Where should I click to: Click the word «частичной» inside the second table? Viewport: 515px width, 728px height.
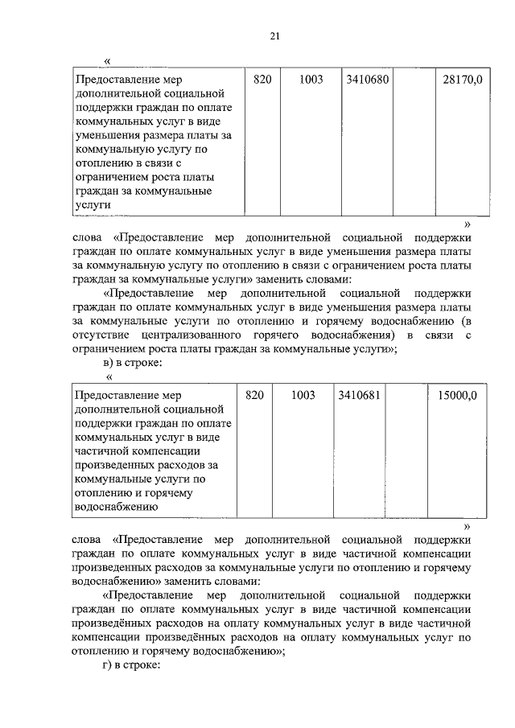101,452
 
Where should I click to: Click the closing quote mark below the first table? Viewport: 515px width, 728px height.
468,224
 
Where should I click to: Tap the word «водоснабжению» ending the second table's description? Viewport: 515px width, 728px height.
114,508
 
